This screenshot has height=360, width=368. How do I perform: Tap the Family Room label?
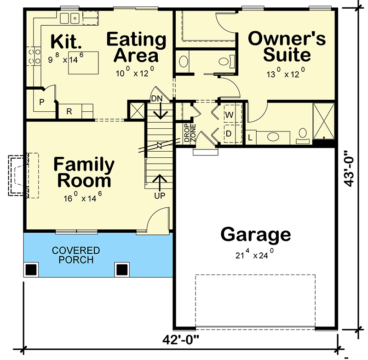click(x=84, y=172)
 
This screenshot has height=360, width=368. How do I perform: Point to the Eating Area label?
click(x=136, y=47)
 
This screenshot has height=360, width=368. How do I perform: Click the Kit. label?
click(x=66, y=41)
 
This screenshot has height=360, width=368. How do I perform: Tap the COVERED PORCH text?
click(x=76, y=255)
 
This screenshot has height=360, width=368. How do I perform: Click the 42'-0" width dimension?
click(x=180, y=340)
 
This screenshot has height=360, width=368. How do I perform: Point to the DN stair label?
click(x=157, y=98)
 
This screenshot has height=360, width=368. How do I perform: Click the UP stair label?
click(x=160, y=195)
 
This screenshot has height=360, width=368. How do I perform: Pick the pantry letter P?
click(x=42, y=102)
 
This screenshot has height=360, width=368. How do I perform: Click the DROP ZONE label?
click(x=190, y=133)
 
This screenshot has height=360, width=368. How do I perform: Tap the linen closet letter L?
click(x=250, y=137)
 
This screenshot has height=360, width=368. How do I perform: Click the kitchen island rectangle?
click(x=83, y=63)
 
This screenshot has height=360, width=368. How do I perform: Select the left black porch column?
click(x=31, y=270)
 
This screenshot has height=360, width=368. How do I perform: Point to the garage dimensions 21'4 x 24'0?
click(x=255, y=254)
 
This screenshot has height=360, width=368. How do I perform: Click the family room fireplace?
click(x=23, y=176)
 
